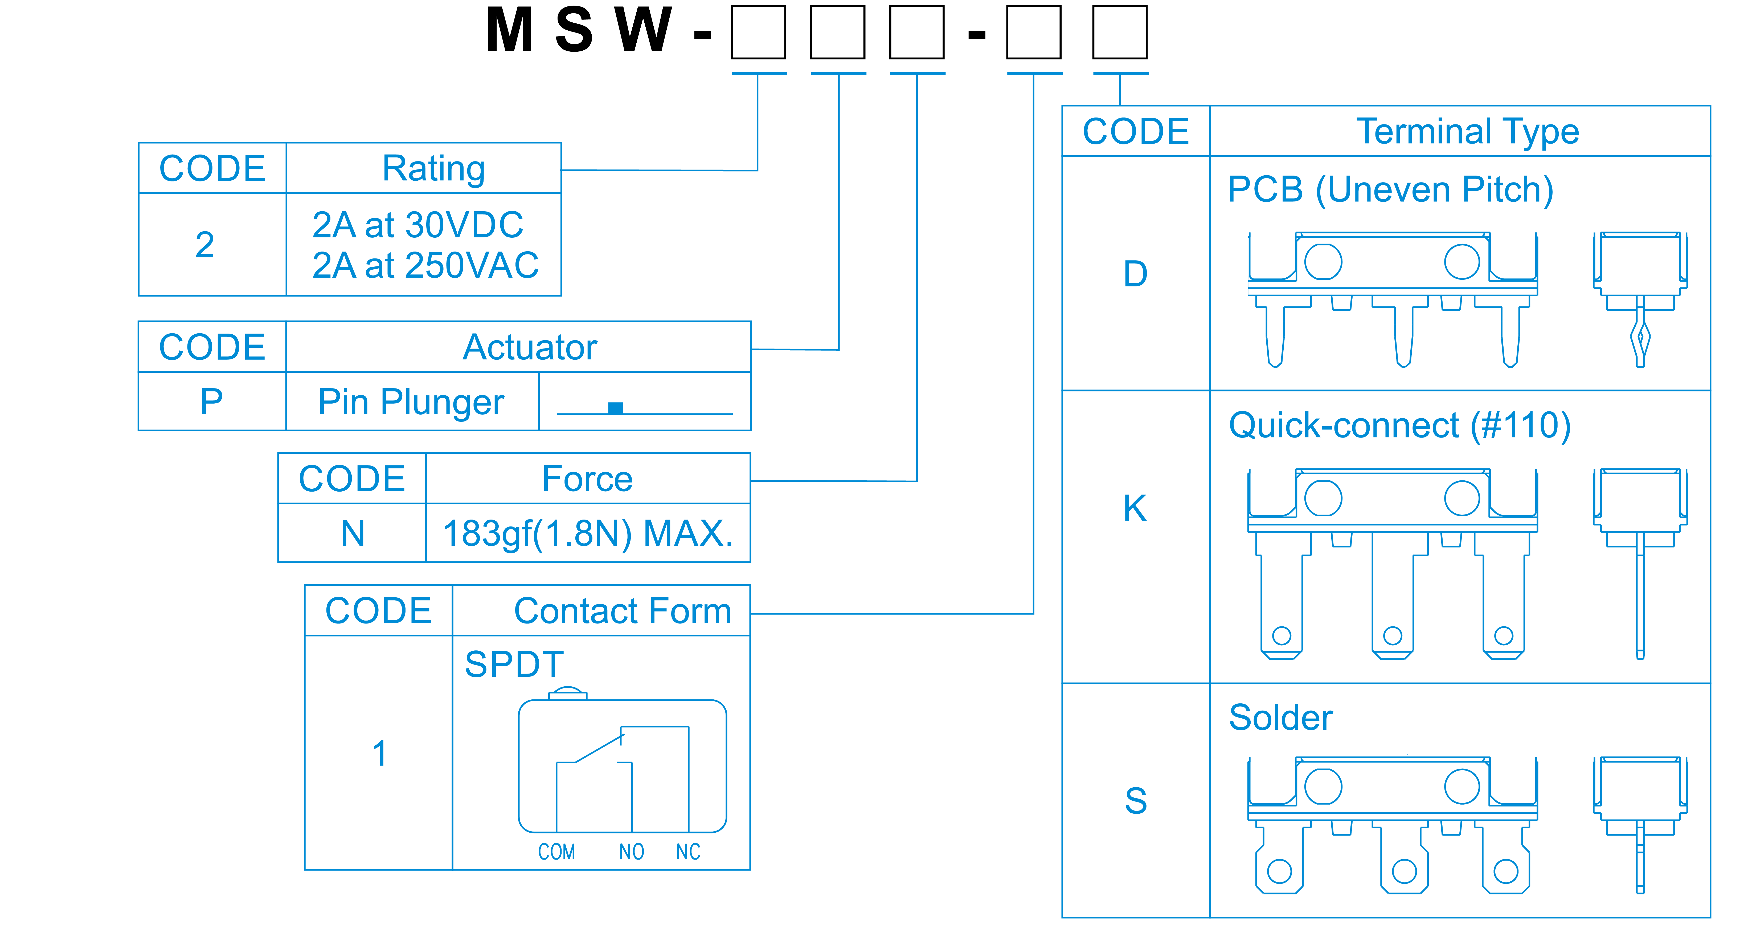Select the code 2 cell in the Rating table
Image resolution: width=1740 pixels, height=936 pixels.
205,245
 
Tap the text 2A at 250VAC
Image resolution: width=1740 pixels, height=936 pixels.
425,265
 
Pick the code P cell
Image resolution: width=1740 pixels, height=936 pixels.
211,402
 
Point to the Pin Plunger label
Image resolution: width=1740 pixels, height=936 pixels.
411,402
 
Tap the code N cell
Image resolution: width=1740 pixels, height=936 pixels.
353,533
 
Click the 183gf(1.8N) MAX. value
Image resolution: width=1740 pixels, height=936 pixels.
588,533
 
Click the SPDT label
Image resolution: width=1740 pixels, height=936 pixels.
514,664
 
